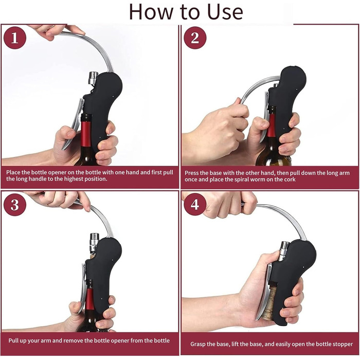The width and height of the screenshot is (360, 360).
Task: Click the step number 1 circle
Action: [15, 38]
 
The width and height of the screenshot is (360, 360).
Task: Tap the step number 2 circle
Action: [195, 38]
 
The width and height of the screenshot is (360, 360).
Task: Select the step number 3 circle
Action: [15, 205]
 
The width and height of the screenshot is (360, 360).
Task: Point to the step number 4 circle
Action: [195, 205]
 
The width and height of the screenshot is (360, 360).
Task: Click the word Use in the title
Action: [225, 12]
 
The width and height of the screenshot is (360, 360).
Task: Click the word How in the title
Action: [150, 12]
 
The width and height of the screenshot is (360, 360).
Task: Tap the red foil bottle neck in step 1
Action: [86, 134]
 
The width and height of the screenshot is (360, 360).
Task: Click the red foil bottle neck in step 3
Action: [90, 298]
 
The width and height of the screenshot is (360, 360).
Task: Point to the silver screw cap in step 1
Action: [94, 78]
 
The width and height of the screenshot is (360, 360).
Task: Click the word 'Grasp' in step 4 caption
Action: [197, 344]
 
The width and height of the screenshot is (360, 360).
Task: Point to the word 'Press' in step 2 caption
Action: [191, 173]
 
